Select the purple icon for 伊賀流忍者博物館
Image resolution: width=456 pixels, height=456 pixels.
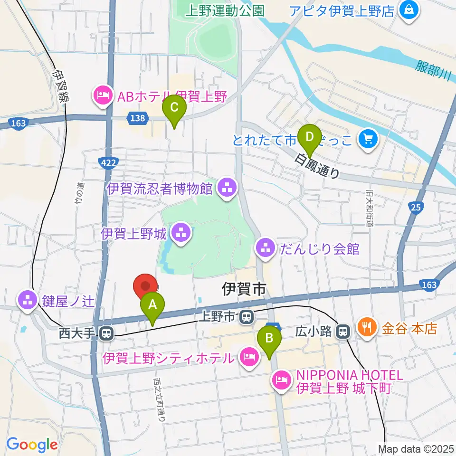226,189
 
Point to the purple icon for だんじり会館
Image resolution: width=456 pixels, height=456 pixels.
265,247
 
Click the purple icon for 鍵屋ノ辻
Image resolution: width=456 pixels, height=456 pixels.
28,300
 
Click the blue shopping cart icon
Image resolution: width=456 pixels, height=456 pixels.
368,139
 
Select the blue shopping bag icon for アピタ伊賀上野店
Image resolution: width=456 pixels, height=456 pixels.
408,10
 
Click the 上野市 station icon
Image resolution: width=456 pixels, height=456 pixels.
246,316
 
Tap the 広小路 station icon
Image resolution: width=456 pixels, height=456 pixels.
342,332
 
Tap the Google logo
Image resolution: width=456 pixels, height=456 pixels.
32,445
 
